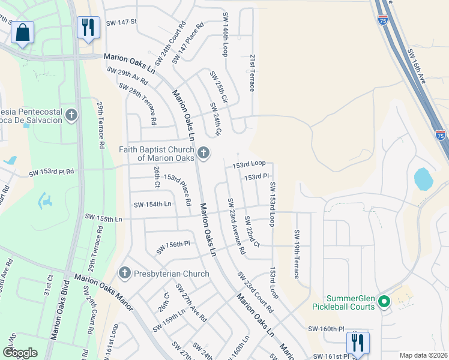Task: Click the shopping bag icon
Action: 22,33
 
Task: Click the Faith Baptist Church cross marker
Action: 203,154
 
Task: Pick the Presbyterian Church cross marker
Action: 125,274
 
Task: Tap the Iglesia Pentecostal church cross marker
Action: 71,115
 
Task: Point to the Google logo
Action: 20,353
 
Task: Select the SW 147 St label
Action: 121,22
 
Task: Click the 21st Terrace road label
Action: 252,72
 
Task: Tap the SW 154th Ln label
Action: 152,204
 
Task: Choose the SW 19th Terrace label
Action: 296,254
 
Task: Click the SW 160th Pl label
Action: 326,329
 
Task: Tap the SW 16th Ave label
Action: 420,70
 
